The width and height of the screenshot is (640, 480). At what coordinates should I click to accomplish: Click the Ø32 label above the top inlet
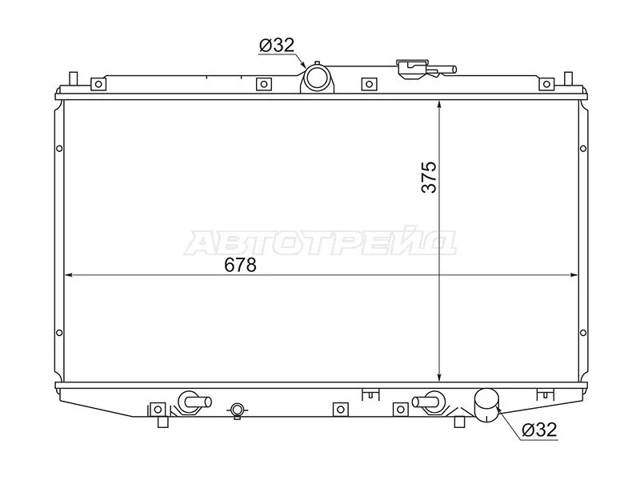point(276,46)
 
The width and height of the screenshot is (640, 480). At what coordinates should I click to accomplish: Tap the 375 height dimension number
point(430,178)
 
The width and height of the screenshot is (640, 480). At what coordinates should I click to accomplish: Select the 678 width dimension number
point(240,266)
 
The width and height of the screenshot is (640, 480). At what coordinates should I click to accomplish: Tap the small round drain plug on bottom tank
point(236,410)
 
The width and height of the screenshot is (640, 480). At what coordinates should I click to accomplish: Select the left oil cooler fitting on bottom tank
point(191,402)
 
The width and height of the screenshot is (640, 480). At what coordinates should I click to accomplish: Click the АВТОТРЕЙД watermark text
point(320,242)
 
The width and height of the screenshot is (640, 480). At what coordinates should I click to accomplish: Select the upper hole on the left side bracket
point(59,148)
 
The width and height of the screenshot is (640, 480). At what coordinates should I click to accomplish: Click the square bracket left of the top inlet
point(262,83)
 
